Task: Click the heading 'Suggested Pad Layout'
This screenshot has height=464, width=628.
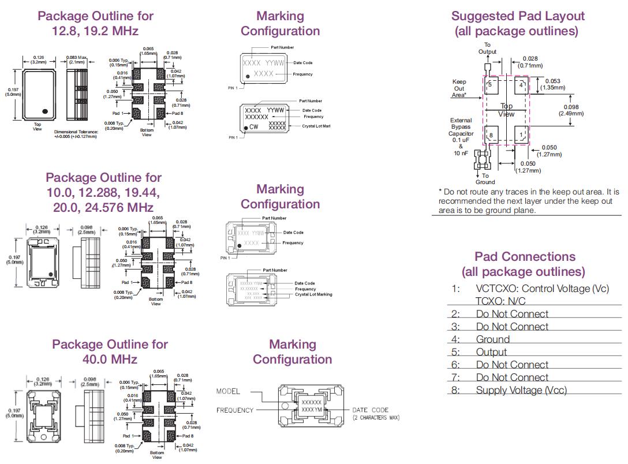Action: click(518, 16)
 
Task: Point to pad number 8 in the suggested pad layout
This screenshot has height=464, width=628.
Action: click(492, 136)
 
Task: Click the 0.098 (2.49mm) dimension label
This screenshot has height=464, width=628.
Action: click(571, 110)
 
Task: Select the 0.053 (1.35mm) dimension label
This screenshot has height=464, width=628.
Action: click(552, 85)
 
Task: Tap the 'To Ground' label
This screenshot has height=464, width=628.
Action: click(485, 179)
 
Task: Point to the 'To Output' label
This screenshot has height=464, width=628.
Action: click(487, 48)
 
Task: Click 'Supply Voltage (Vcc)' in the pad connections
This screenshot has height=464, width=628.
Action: click(521, 391)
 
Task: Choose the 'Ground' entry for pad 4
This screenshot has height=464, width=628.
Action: click(492, 340)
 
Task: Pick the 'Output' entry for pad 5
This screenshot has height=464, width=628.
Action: click(491, 353)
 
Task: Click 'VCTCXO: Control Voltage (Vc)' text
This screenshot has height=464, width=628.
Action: click(542, 289)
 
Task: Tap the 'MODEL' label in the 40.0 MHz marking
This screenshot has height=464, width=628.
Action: click(228, 391)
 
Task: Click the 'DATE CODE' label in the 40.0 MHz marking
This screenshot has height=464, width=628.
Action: click(370, 410)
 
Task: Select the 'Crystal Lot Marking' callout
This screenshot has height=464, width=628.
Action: click(313, 294)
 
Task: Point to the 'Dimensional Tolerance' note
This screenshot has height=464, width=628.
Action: click(76, 134)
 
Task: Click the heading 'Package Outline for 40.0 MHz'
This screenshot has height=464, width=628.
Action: click(110, 351)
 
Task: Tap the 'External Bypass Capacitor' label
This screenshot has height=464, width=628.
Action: click(461, 133)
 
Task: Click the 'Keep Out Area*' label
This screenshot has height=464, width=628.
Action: click(459, 88)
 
